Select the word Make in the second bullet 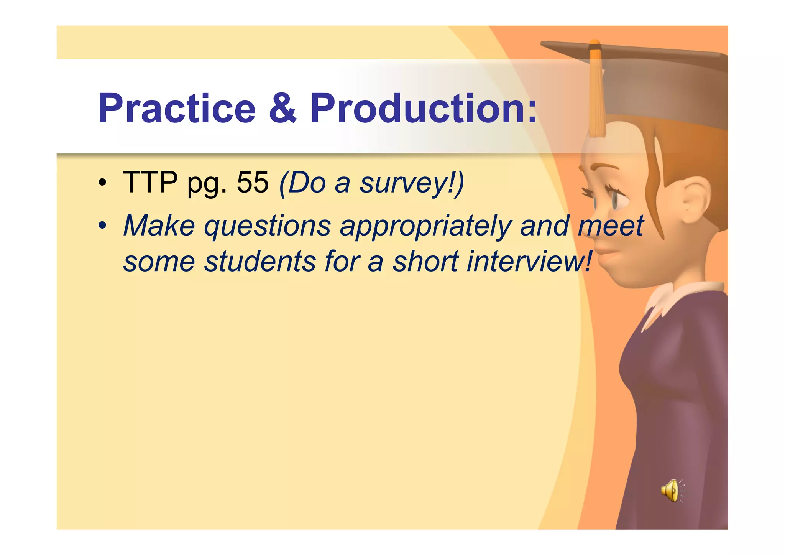click(159, 226)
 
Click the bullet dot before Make click(102, 226)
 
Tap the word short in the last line click(425, 262)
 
